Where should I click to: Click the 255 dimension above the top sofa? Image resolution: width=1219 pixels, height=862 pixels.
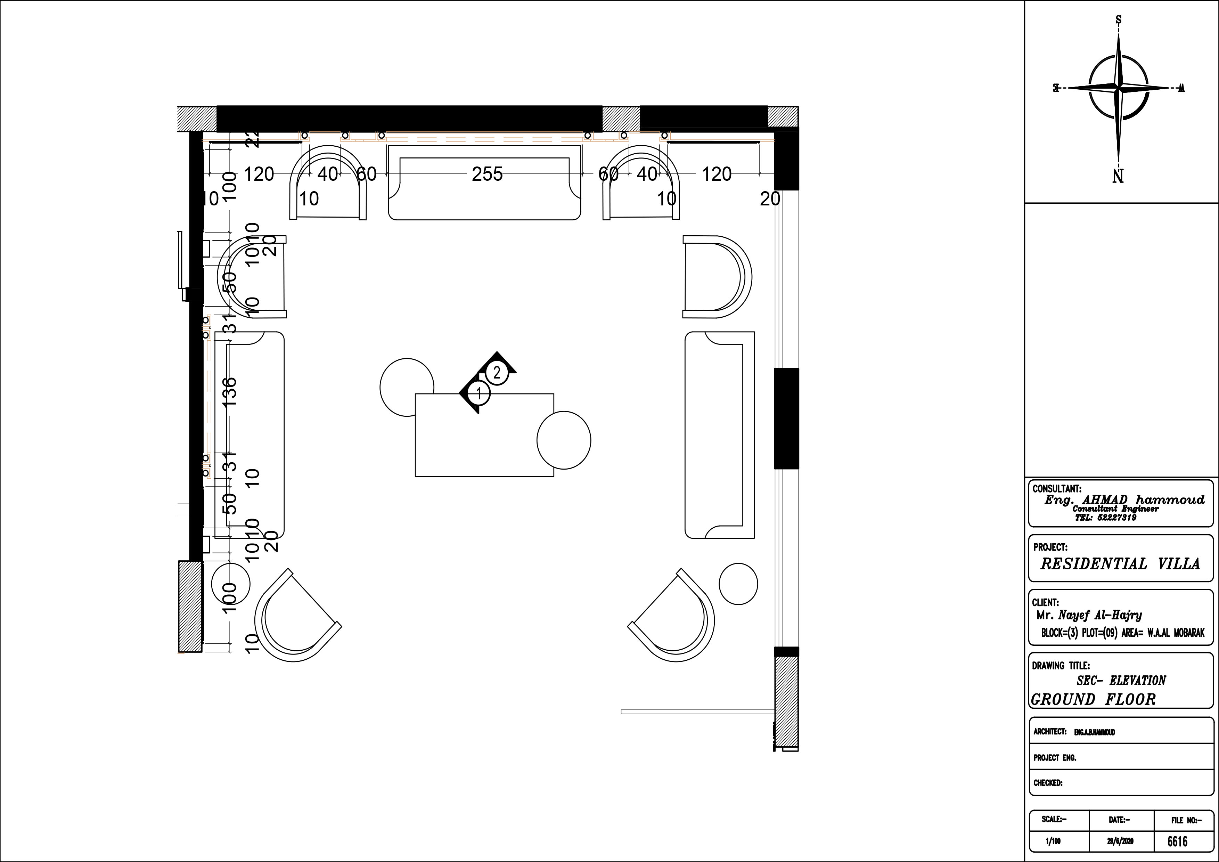[487, 174]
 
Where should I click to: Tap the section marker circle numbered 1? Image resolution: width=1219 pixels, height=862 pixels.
[479, 393]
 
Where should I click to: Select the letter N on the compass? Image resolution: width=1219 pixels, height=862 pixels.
[1118, 176]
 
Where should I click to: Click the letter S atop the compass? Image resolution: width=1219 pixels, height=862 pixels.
[1119, 20]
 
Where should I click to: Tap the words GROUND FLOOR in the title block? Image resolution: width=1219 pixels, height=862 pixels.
[1094, 699]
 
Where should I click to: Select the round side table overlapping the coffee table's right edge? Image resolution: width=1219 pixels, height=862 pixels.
[564, 440]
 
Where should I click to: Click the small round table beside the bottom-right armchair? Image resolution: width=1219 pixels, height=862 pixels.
[738, 584]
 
